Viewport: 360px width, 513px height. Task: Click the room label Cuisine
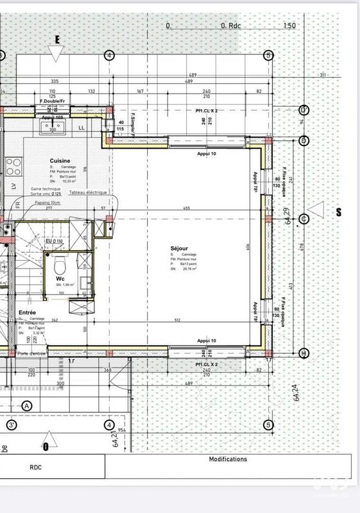(x=59, y=161)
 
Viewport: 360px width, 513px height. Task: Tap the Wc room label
(x=60, y=279)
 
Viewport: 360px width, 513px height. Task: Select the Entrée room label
(x=27, y=312)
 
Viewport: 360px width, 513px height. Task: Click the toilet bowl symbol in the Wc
(x=59, y=264)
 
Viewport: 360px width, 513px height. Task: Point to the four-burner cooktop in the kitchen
(x=13, y=167)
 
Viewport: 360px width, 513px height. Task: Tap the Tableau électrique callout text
(x=89, y=192)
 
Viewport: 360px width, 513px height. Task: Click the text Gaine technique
(x=46, y=190)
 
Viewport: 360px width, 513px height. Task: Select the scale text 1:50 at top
(x=289, y=26)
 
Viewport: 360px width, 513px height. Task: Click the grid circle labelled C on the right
(x=305, y=219)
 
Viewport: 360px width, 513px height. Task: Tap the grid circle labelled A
(x=27, y=405)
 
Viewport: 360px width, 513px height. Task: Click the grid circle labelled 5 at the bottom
(x=268, y=425)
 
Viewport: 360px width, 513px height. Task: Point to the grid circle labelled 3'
(x=12, y=425)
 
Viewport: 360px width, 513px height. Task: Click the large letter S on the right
(x=337, y=212)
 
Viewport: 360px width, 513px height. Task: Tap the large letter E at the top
(x=57, y=39)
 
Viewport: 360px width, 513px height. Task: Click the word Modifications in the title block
(x=227, y=459)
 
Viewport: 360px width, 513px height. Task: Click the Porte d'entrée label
(x=32, y=353)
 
